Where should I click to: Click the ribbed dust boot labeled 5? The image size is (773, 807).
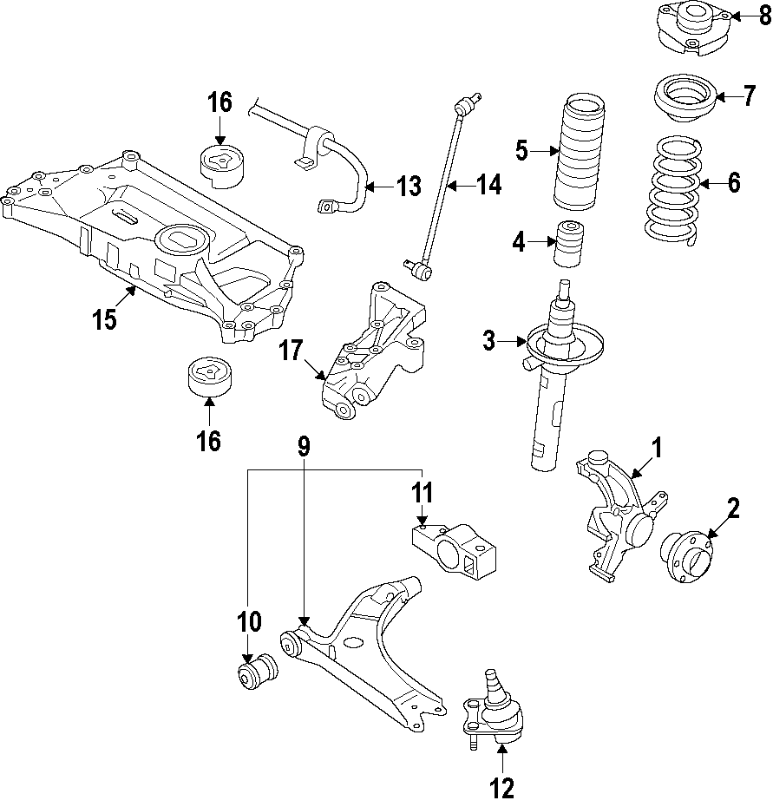[574, 151]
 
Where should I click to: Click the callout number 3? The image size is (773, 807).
[489, 341]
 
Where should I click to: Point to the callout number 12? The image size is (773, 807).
[501, 788]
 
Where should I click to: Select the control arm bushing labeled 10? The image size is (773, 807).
[258, 673]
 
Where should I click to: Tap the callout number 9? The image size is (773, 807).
[303, 447]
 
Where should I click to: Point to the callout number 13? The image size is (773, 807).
[408, 187]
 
